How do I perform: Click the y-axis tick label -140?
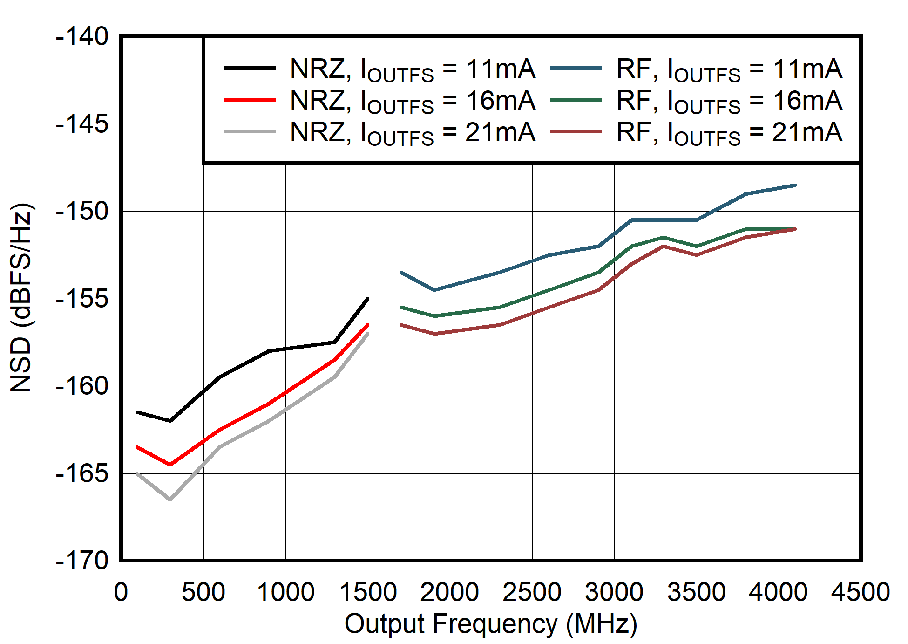[x=82, y=37]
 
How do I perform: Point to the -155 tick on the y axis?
[x=82, y=299]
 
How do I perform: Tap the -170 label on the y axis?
[x=82, y=561]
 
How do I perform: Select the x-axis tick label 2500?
[x=532, y=593]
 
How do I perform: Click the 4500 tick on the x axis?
[x=861, y=593]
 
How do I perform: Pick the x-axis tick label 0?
[x=121, y=593]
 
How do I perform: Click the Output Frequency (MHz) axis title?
[x=490, y=624]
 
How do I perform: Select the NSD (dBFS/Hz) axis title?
[x=20, y=298]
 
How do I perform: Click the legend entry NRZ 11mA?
[x=413, y=69]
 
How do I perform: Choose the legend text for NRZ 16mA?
[x=413, y=101]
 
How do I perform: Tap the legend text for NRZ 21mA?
[x=413, y=132]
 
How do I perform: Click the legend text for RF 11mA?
[x=729, y=69]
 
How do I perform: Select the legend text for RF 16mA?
[x=729, y=101]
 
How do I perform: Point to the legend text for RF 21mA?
[x=729, y=132]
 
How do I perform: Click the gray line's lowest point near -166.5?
[x=170, y=500]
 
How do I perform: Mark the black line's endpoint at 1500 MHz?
[x=368, y=299]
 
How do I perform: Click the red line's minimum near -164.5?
[x=170, y=465]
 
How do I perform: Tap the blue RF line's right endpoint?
[x=795, y=185]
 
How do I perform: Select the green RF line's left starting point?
[x=401, y=308]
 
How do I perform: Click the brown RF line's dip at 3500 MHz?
[x=697, y=255]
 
